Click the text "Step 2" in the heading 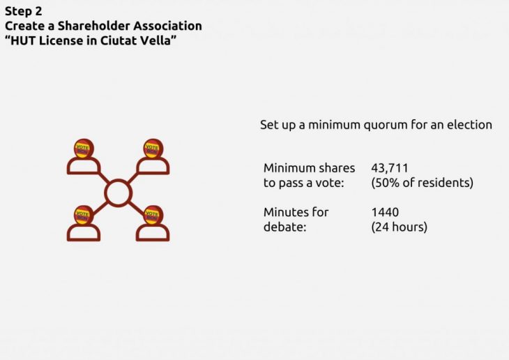click(24, 11)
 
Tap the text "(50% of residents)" click(422, 183)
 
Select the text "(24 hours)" click(399, 227)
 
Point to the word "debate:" click(285, 227)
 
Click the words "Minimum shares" click(309, 168)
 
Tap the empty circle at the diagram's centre click(118, 193)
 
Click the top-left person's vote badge click(83, 149)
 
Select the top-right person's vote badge click(152, 148)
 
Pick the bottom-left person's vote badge click(83, 215)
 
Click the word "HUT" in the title click(23, 40)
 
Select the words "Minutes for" click(296, 212)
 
